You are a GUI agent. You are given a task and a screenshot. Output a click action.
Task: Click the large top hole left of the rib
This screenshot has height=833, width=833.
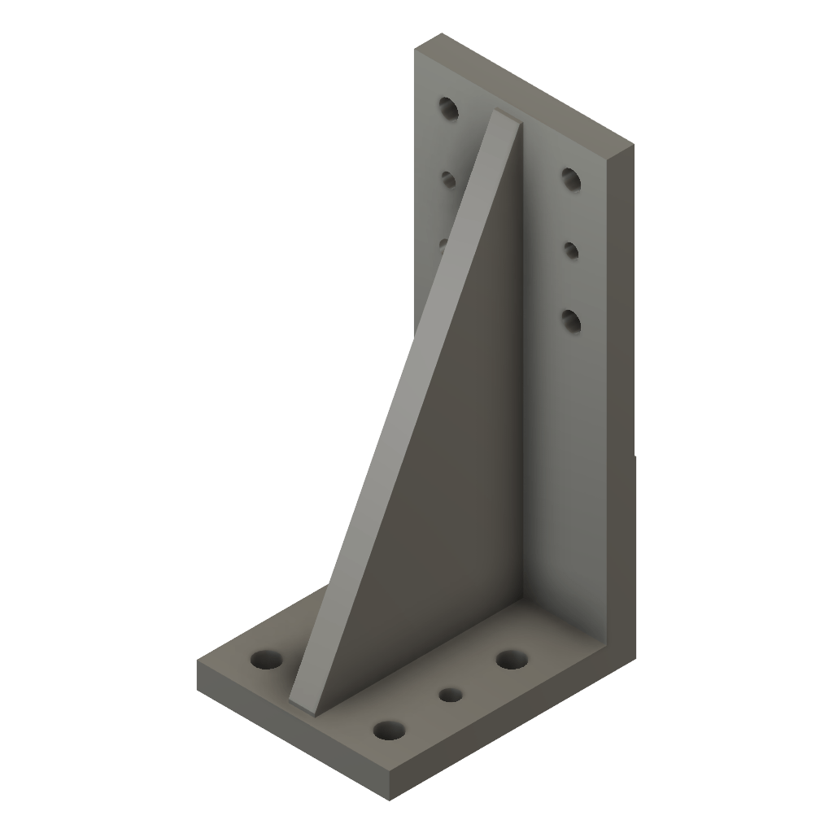[448, 108]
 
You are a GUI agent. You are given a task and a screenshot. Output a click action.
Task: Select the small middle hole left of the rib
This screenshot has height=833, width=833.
[447, 178]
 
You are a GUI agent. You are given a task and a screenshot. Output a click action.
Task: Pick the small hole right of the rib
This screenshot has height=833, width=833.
[571, 250]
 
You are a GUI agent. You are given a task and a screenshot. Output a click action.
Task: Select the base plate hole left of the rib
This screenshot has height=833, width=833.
[264, 659]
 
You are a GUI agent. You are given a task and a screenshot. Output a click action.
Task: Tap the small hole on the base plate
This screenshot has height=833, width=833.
[450, 696]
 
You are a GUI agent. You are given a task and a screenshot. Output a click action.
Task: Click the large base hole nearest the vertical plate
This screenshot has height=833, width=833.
[511, 659]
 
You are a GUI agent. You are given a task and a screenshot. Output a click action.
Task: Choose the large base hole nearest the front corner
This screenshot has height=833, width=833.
[390, 730]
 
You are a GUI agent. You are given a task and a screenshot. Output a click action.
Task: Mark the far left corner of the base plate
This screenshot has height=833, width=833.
[198, 661]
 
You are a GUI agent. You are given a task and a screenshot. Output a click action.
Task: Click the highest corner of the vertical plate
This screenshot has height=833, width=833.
[442, 34]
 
